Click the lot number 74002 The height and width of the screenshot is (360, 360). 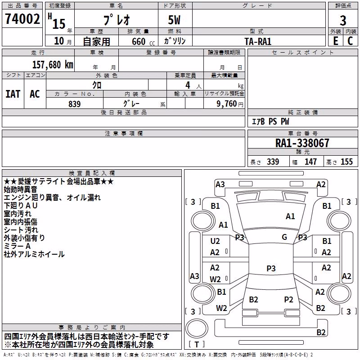(22, 18)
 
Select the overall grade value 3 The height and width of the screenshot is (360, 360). (343, 21)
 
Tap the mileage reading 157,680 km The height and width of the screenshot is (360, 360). (53, 65)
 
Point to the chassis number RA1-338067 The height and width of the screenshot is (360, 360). (302, 143)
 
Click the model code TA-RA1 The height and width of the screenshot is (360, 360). (258, 41)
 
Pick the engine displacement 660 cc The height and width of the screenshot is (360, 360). (143, 42)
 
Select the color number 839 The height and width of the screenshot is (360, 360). (75, 104)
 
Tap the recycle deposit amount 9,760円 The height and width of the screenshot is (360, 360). (230, 104)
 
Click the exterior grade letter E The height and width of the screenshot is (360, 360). (335, 41)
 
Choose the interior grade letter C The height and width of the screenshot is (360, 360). (350, 41)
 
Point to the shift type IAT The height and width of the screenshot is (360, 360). (13, 94)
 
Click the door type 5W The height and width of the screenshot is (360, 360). (174, 20)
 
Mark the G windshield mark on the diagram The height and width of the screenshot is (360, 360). (284, 237)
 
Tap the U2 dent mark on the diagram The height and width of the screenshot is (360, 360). (215, 241)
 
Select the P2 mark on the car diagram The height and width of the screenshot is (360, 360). (288, 300)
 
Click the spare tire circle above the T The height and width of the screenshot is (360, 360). (197, 328)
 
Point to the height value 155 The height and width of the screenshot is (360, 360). (346, 162)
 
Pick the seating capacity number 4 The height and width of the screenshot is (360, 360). (188, 85)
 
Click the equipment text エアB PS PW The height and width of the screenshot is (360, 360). (270, 121)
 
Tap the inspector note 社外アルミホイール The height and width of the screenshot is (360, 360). (34, 254)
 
